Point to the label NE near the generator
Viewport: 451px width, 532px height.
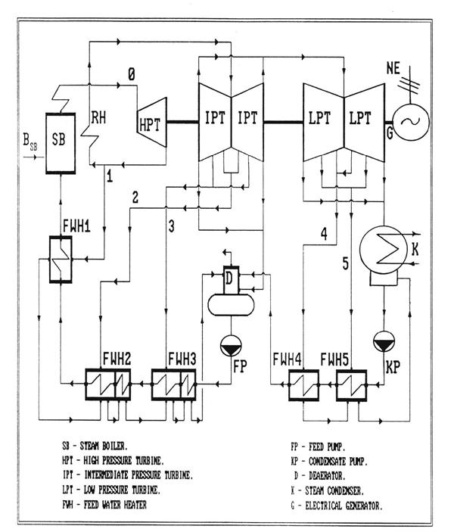pos(393,68)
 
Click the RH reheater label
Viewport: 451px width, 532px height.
pos(98,118)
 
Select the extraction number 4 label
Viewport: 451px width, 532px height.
pos(325,234)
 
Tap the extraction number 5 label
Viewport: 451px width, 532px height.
pos(346,263)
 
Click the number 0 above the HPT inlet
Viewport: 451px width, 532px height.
pos(132,74)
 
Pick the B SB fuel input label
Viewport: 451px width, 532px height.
pos(30,142)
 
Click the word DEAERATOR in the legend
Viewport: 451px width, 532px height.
pos(327,476)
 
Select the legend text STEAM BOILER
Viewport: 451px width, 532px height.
pos(104,446)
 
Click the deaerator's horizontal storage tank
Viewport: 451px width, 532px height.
pos(231,305)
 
